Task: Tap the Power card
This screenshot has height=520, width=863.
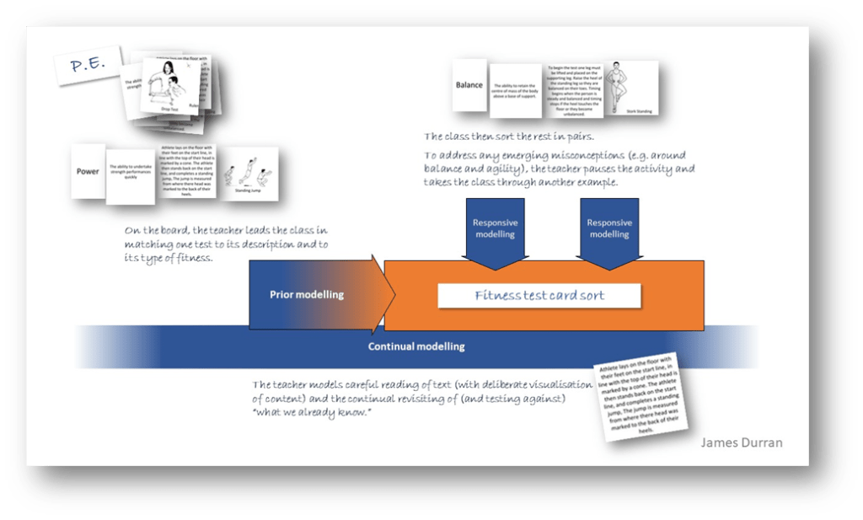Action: [x=88, y=172]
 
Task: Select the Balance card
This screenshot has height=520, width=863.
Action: [x=469, y=85]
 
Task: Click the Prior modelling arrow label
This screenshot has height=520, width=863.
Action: [x=306, y=295]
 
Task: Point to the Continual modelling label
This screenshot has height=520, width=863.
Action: [x=416, y=346]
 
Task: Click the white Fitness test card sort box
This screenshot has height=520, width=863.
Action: [x=539, y=296]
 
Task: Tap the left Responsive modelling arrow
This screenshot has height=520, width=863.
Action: [x=495, y=229]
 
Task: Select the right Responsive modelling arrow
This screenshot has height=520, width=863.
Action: [x=609, y=229]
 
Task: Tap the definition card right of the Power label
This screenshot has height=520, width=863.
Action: [x=131, y=174]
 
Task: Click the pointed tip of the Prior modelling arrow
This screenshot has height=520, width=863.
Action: [x=393, y=295]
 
